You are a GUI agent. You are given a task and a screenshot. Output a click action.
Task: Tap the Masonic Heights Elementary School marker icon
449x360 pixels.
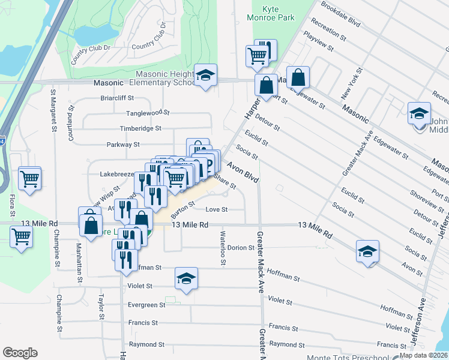coord(206,76)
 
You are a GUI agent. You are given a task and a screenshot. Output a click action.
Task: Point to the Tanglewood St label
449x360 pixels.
coord(148,113)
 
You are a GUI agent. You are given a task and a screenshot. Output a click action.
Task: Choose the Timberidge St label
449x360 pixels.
coord(140,128)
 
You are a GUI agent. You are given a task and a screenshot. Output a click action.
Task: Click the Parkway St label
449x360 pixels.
coord(123,145)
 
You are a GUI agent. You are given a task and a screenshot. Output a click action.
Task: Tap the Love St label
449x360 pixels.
coord(217,210)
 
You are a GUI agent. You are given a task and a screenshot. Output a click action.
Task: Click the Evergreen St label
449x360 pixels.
coord(146,305)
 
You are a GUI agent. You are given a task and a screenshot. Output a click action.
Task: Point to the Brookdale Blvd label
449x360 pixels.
coord(340,14)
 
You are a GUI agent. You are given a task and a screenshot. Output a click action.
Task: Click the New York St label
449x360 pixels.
coord(349,84)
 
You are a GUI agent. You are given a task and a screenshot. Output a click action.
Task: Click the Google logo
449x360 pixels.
coord(20,353)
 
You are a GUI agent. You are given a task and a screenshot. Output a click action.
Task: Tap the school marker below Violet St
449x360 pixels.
coord(187,279)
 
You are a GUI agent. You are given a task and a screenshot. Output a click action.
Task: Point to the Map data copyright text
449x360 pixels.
coord(424,355)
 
